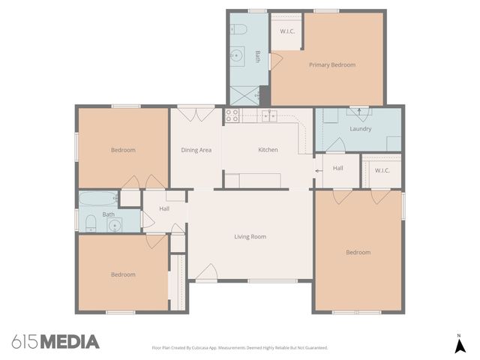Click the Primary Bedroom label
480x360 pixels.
coord(331,64)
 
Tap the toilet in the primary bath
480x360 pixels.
coord(238,30)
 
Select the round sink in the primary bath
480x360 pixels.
coord(238,54)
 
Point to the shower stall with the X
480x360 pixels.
coord(244,95)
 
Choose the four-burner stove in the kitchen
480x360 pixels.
coord(232,115)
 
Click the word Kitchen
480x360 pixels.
coord(268,150)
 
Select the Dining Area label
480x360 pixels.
coord(196,150)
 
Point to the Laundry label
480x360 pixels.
coord(360,129)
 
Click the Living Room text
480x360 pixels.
coord(250,237)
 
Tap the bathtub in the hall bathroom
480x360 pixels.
coord(98,199)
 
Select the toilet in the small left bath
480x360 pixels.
coord(90,221)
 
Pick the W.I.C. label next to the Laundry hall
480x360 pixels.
coord(382,169)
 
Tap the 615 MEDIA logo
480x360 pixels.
coord(55,342)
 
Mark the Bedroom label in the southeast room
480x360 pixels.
coord(358,252)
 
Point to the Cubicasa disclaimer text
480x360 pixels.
coord(240,348)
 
